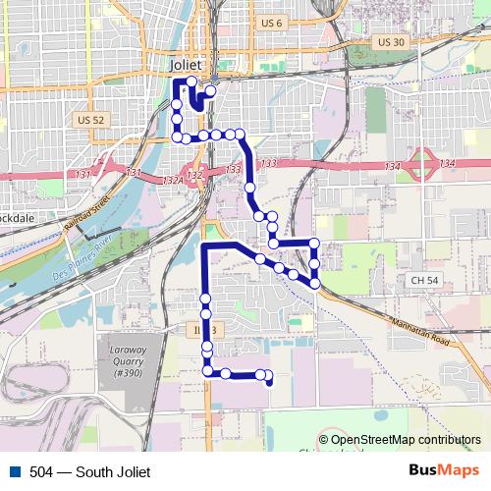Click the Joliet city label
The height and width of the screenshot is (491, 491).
click(x=186, y=64)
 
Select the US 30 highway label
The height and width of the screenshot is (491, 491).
click(x=390, y=42)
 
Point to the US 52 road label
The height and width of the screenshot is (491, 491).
click(x=89, y=120)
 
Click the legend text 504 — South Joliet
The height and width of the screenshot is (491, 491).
click(x=90, y=472)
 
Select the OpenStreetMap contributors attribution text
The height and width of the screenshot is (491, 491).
click(x=405, y=441)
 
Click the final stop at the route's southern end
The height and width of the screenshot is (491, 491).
click(x=268, y=383)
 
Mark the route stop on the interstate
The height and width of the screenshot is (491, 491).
click(x=249, y=187)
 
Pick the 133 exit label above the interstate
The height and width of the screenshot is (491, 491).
click(x=270, y=162)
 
